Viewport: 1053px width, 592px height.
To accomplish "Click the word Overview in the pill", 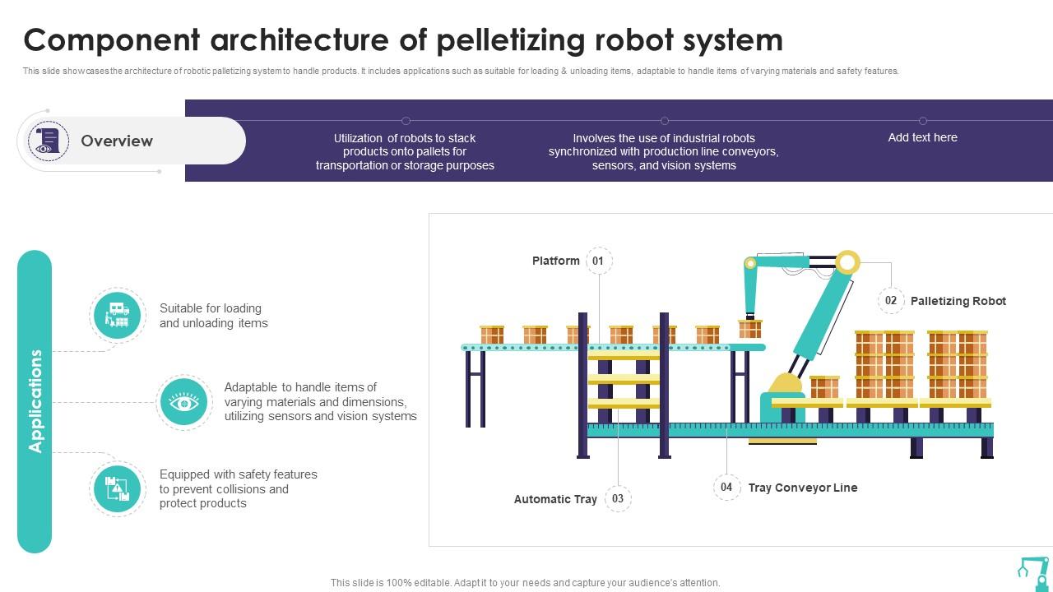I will (117, 141).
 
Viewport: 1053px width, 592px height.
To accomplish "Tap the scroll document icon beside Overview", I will (49, 141).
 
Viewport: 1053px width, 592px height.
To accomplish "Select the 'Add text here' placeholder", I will (922, 137).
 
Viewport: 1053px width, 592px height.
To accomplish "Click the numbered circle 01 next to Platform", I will (599, 261).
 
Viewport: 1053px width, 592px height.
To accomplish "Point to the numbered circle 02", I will (890, 301).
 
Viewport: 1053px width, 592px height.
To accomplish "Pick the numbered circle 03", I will (618, 498).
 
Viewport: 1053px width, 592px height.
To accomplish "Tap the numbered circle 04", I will (726, 487).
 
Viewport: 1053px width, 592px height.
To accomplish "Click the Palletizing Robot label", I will (958, 301).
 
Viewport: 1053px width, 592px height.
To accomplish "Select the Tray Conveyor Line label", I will (802, 488).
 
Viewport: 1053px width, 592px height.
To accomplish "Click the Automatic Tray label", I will (555, 499).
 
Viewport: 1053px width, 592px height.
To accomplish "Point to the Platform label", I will (555, 261).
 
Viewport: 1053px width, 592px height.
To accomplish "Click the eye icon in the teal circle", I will (184, 402).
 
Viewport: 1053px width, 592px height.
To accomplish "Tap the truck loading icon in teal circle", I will (117, 315).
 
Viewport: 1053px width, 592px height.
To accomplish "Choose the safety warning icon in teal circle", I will (117, 489).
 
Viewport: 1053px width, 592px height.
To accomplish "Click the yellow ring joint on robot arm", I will (847, 262).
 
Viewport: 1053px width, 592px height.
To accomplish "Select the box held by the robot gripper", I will (749, 329).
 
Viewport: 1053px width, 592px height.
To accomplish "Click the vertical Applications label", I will (35, 401).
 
